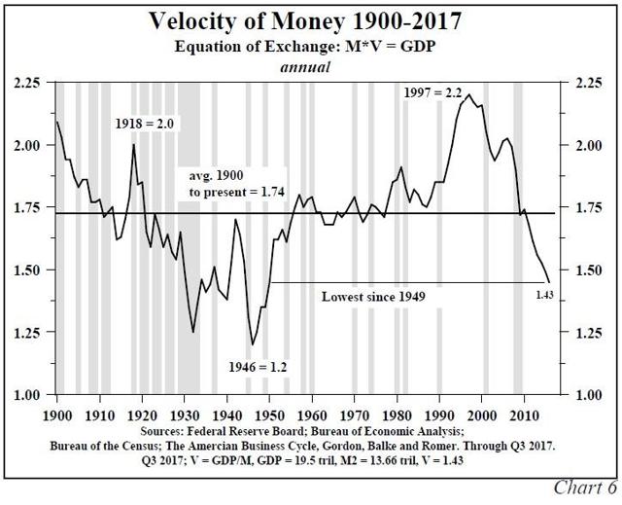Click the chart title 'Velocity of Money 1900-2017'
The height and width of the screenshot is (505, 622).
click(311, 21)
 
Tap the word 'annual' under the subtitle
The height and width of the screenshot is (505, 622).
click(307, 67)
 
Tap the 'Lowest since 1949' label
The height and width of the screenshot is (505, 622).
click(374, 295)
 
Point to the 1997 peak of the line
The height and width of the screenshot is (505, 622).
click(469, 95)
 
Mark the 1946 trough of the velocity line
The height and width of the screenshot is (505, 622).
click(253, 344)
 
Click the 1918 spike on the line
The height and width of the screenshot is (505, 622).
click(133, 145)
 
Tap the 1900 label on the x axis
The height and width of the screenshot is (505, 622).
click(57, 414)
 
